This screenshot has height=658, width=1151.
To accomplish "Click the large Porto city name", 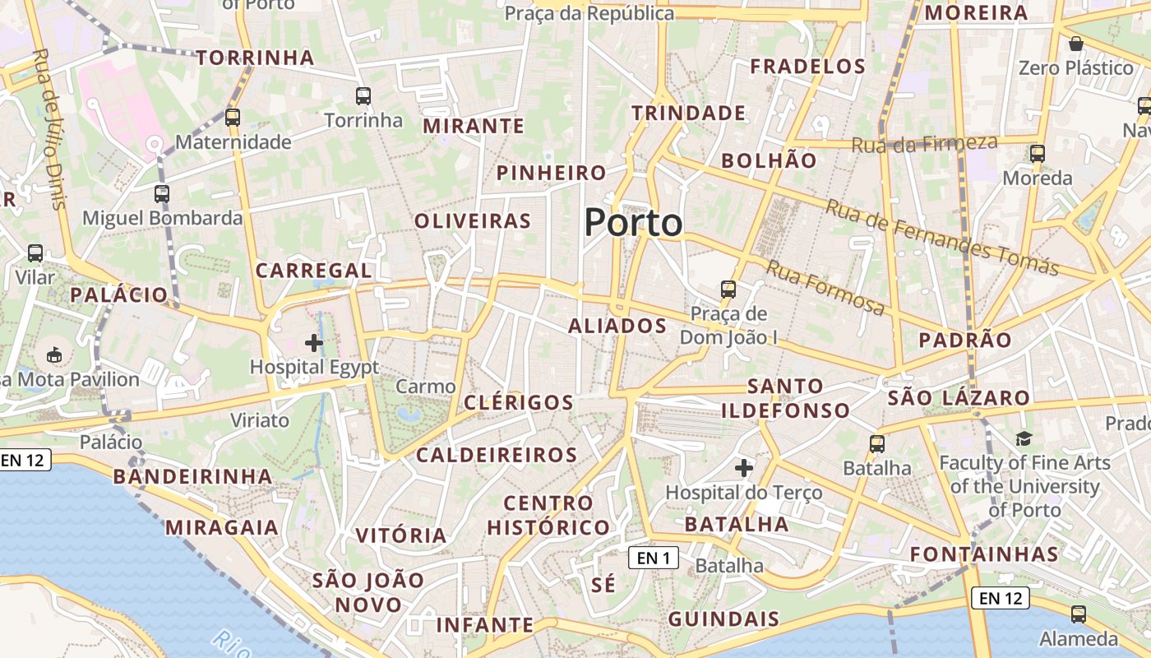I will coord(633,223).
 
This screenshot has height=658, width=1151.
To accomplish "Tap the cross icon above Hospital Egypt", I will coord(314,342).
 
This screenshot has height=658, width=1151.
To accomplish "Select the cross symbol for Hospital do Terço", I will coord(744,468).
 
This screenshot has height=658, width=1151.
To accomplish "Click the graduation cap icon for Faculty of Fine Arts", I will coord(1024,438).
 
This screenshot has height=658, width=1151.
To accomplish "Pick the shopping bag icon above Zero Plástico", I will coord(1075,44).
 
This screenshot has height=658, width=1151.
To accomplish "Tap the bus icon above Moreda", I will coord(1038,154).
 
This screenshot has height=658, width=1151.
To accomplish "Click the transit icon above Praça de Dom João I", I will coord(728,289).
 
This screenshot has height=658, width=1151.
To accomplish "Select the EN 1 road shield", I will coord(654,558).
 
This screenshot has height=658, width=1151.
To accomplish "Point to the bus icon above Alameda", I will coord(1079,614).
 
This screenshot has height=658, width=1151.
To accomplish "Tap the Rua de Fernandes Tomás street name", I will coord(942,237).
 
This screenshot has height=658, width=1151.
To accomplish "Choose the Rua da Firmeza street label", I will coord(925,144).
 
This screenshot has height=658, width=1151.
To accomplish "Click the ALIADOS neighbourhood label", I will coord(617,326).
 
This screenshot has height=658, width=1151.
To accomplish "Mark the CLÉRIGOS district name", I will coord(519,402).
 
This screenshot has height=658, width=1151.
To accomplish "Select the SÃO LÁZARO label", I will coord(959,398).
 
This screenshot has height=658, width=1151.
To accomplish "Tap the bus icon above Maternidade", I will coord(233,118).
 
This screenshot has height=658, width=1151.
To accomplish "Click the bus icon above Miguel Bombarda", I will coord(162,194).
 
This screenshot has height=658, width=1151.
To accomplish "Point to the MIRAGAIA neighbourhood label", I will coord(222,527).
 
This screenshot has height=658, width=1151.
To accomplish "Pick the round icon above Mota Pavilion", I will coord(54,354).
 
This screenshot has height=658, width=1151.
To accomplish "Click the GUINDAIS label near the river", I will coord(723,619).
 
